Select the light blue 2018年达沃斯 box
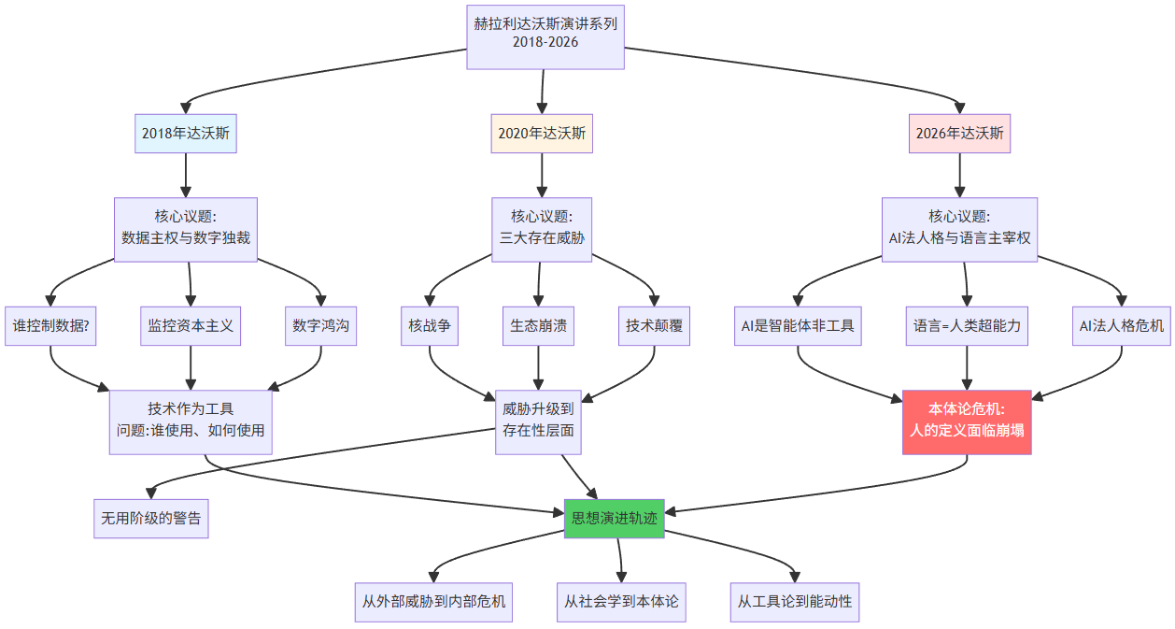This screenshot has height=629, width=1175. tap(186, 134)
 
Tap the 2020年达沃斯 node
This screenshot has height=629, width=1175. tap(542, 134)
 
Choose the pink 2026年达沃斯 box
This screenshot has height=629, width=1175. tap(960, 134)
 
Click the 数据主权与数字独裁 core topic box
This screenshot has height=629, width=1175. tap(186, 229)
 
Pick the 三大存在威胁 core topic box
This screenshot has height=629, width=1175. tap(542, 229)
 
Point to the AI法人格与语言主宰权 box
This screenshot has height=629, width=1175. tap(960, 229)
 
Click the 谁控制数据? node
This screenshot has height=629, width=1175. tap(50, 326)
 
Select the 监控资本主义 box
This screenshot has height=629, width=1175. tap(191, 326)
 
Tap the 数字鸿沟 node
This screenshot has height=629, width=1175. tap(321, 326)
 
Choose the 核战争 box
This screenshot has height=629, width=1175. tap(430, 326)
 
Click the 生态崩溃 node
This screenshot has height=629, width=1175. tap(538, 326)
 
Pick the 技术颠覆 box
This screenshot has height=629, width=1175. tap(654, 326)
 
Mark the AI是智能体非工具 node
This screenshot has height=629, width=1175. tap(798, 326)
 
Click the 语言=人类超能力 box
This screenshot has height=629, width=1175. tap(967, 326)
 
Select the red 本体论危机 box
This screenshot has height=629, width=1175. tap(967, 422)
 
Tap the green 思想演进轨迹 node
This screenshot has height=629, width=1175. tap(615, 519)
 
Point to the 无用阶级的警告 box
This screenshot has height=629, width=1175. tap(151, 519)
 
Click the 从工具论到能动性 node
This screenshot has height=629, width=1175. tap(795, 601)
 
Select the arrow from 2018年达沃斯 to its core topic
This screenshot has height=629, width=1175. tap(186, 175)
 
